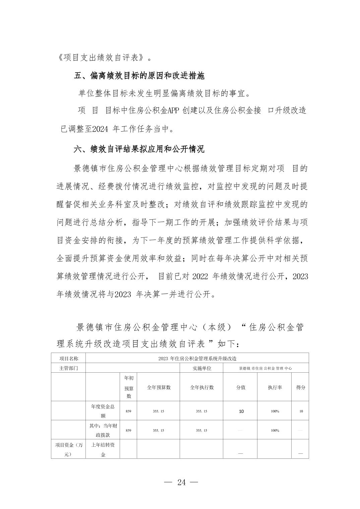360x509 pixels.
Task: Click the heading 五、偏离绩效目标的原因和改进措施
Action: pos(139,76)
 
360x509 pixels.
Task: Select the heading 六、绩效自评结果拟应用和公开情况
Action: pos(139,149)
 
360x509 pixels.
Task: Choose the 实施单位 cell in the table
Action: pos(201,368)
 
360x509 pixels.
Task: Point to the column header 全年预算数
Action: pos(159,387)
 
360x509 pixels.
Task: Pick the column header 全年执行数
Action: pos(201,387)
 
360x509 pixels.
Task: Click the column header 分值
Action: pos(241,387)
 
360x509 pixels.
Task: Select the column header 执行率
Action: pos(275,387)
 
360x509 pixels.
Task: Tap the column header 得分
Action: pos(300,387)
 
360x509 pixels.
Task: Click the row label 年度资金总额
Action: pos(103,411)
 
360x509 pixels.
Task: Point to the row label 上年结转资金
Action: pos(103,449)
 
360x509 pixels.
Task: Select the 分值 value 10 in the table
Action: pos(241,411)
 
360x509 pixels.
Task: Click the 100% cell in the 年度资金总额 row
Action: pos(275,411)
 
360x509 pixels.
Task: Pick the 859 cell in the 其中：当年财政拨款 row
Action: pos(128,430)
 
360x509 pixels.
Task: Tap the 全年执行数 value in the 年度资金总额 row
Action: pos(201,411)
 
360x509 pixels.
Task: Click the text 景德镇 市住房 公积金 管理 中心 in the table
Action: pos(265,368)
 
